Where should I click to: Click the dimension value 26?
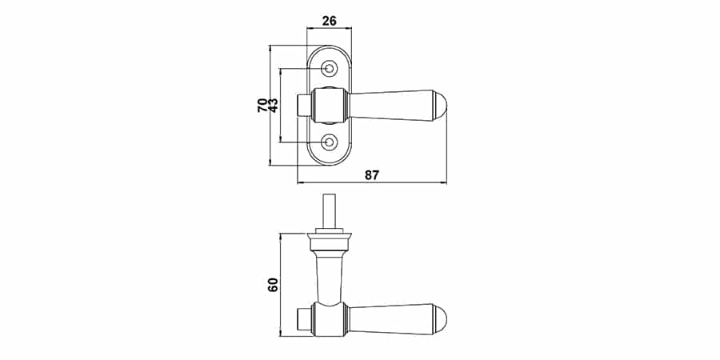(x=330, y=21)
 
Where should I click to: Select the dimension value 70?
(x=262, y=105)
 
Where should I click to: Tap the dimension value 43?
(x=273, y=105)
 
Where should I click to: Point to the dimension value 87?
(x=372, y=175)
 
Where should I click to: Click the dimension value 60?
(x=274, y=285)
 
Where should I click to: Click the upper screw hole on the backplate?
(x=329, y=69)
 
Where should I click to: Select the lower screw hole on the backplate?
(x=329, y=142)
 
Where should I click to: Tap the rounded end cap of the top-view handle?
(x=439, y=105)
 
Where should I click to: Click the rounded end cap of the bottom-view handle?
(x=439, y=318)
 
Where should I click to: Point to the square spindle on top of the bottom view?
(x=330, y=210)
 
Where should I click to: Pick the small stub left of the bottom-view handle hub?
(x=305, y=318)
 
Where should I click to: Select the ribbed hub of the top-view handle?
(x=330, y=105)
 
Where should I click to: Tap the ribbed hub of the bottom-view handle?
(x=330, y=318)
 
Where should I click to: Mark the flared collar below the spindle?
(x=330, y=242)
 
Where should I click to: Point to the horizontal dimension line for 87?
(x=372, y=182)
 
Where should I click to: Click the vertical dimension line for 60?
(x=280, y=285)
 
